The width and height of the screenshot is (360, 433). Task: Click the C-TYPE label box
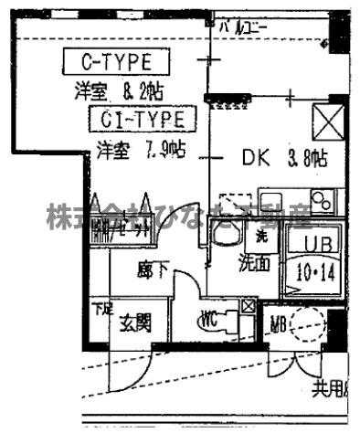tap(116, 62)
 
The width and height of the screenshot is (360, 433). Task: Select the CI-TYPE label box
tap(143, 119)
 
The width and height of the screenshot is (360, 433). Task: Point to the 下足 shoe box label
tap(100, 308)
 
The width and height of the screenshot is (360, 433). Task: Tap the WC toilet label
tap(208, 322)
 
